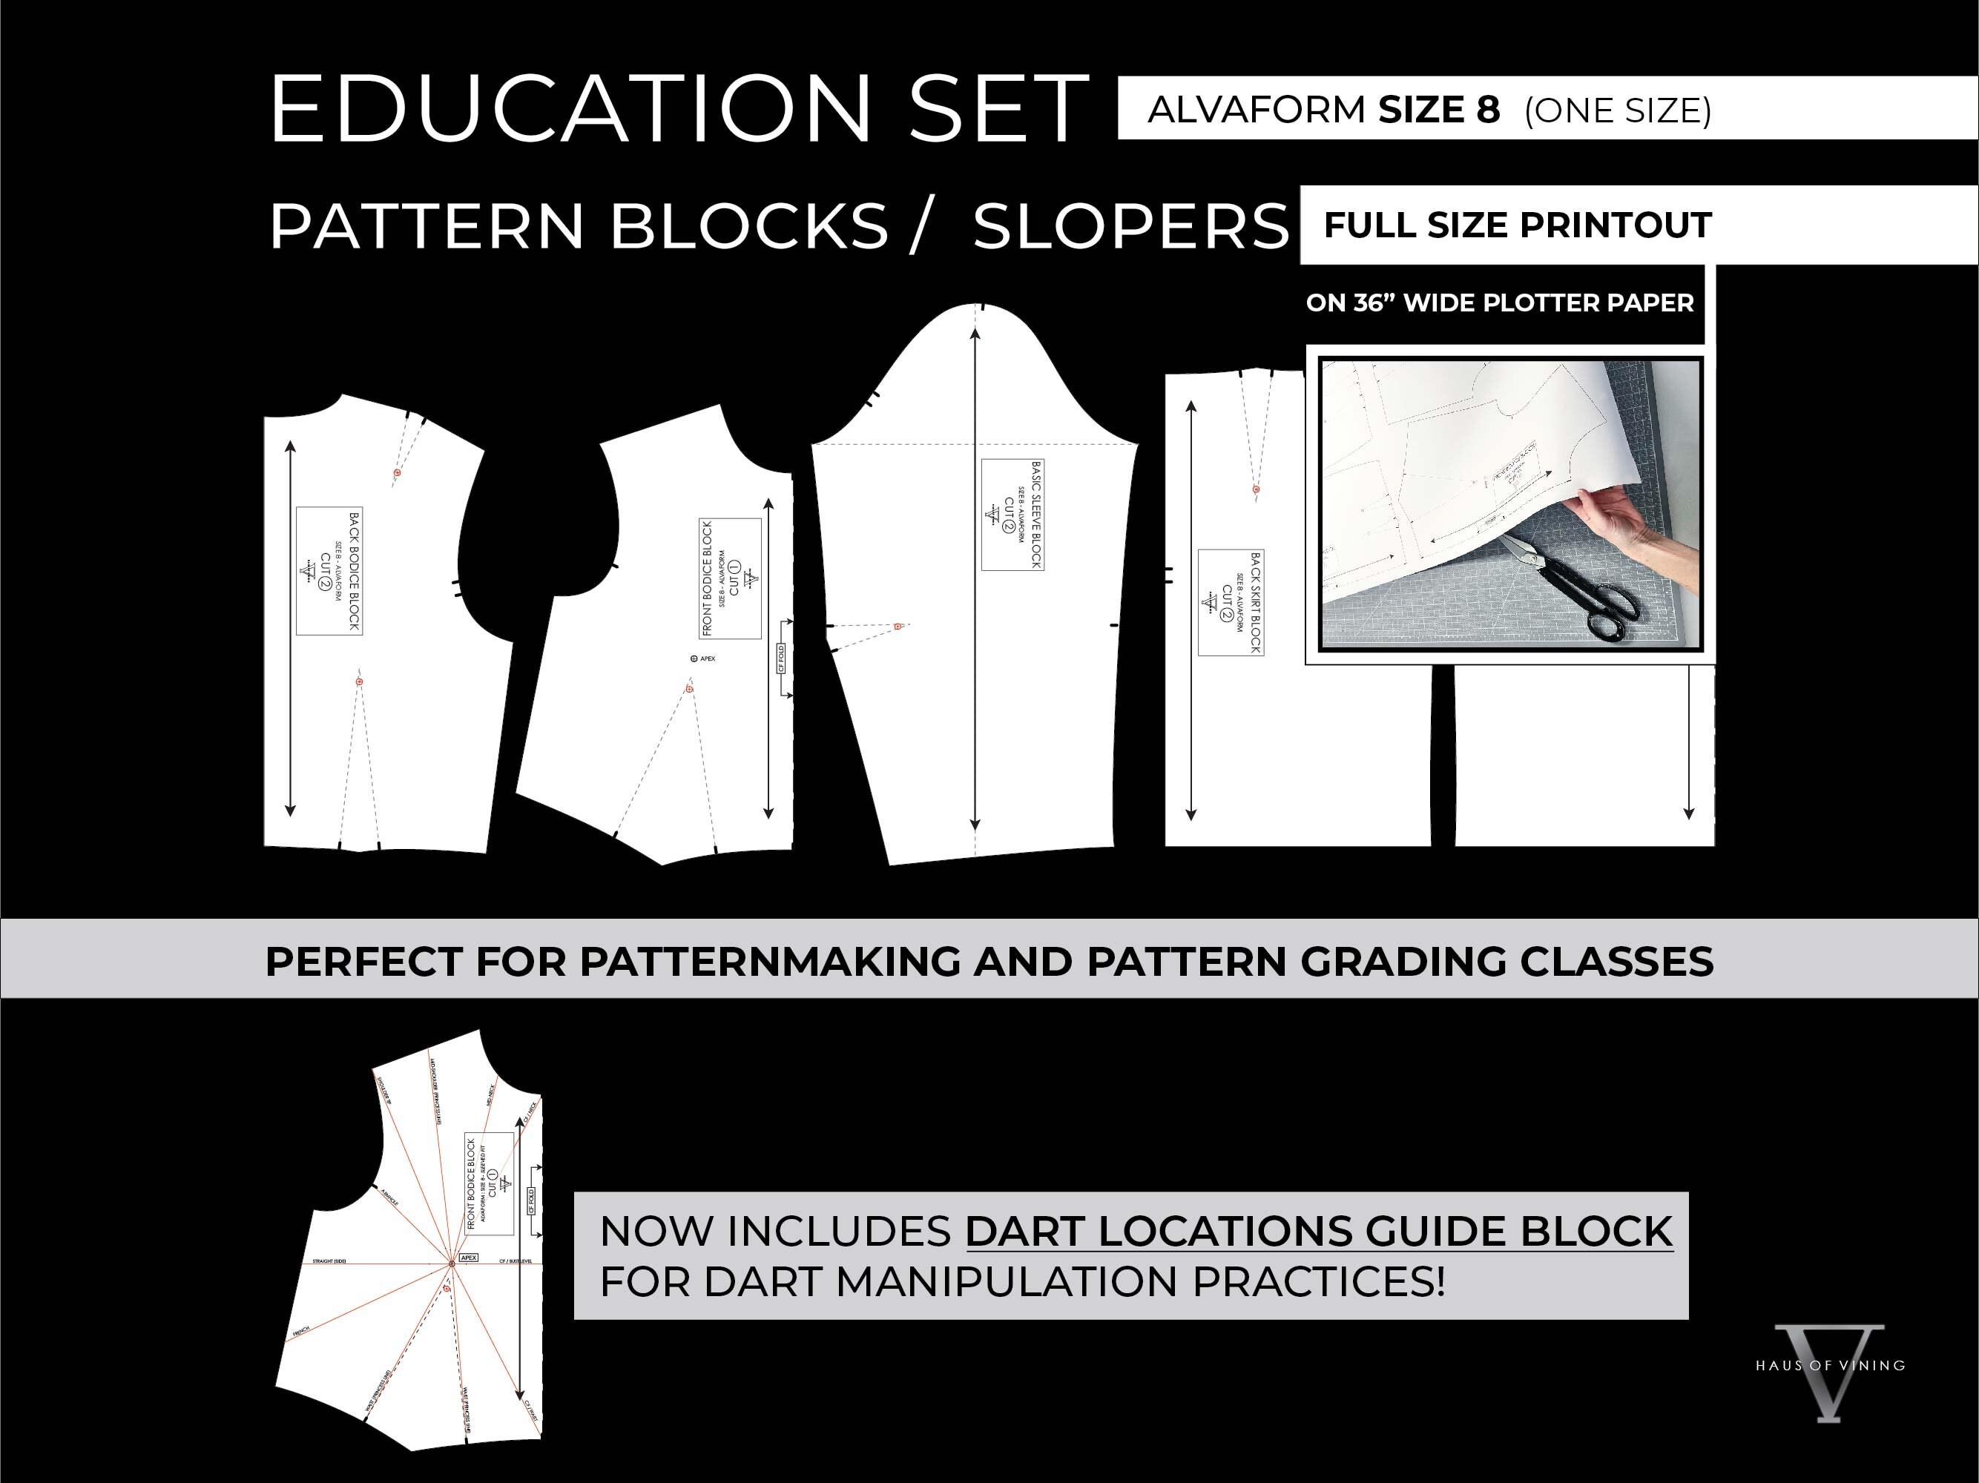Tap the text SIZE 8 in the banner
point(1438,110)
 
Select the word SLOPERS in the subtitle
point(1130,226)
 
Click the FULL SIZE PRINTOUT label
point(1518,225)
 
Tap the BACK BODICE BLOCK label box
point(329,571)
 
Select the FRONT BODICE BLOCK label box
point(730,578)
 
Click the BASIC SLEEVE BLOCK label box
point(1012,515)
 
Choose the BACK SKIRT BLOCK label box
point(1231,602)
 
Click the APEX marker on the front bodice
point(695,658)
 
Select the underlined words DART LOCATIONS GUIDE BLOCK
point(1319,1232)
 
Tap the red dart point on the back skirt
point(1256,489)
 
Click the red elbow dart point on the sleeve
point(899,626)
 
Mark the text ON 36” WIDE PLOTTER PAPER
point(1500,303)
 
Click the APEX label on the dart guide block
point(469,1257)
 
